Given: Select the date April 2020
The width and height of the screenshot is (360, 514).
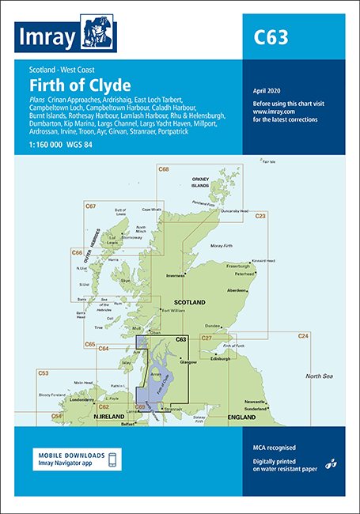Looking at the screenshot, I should pos(265,93).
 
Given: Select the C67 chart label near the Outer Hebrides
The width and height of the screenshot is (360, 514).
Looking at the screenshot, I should pos(90,206).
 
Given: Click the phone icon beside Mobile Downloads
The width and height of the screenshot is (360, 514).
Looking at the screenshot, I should pos(112,460).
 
